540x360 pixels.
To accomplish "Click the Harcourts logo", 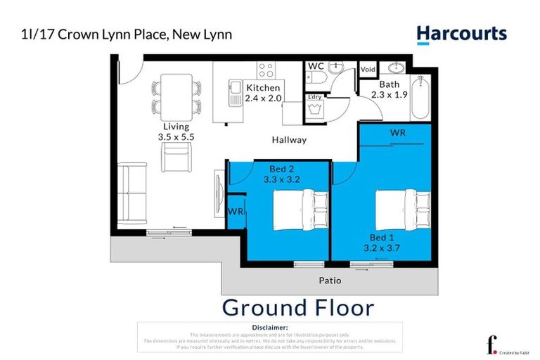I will point(461,34).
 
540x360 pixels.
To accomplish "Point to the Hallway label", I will point(290,140).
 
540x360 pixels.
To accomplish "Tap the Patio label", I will point(330,281).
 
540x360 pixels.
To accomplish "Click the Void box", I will point(368,70).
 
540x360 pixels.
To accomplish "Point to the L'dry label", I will point(314,96).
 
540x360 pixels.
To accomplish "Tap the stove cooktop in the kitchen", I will point(266,70).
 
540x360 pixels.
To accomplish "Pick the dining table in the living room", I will point(174,97).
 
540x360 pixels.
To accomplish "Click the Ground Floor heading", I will point(297,308).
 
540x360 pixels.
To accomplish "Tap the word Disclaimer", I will point(269,328).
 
